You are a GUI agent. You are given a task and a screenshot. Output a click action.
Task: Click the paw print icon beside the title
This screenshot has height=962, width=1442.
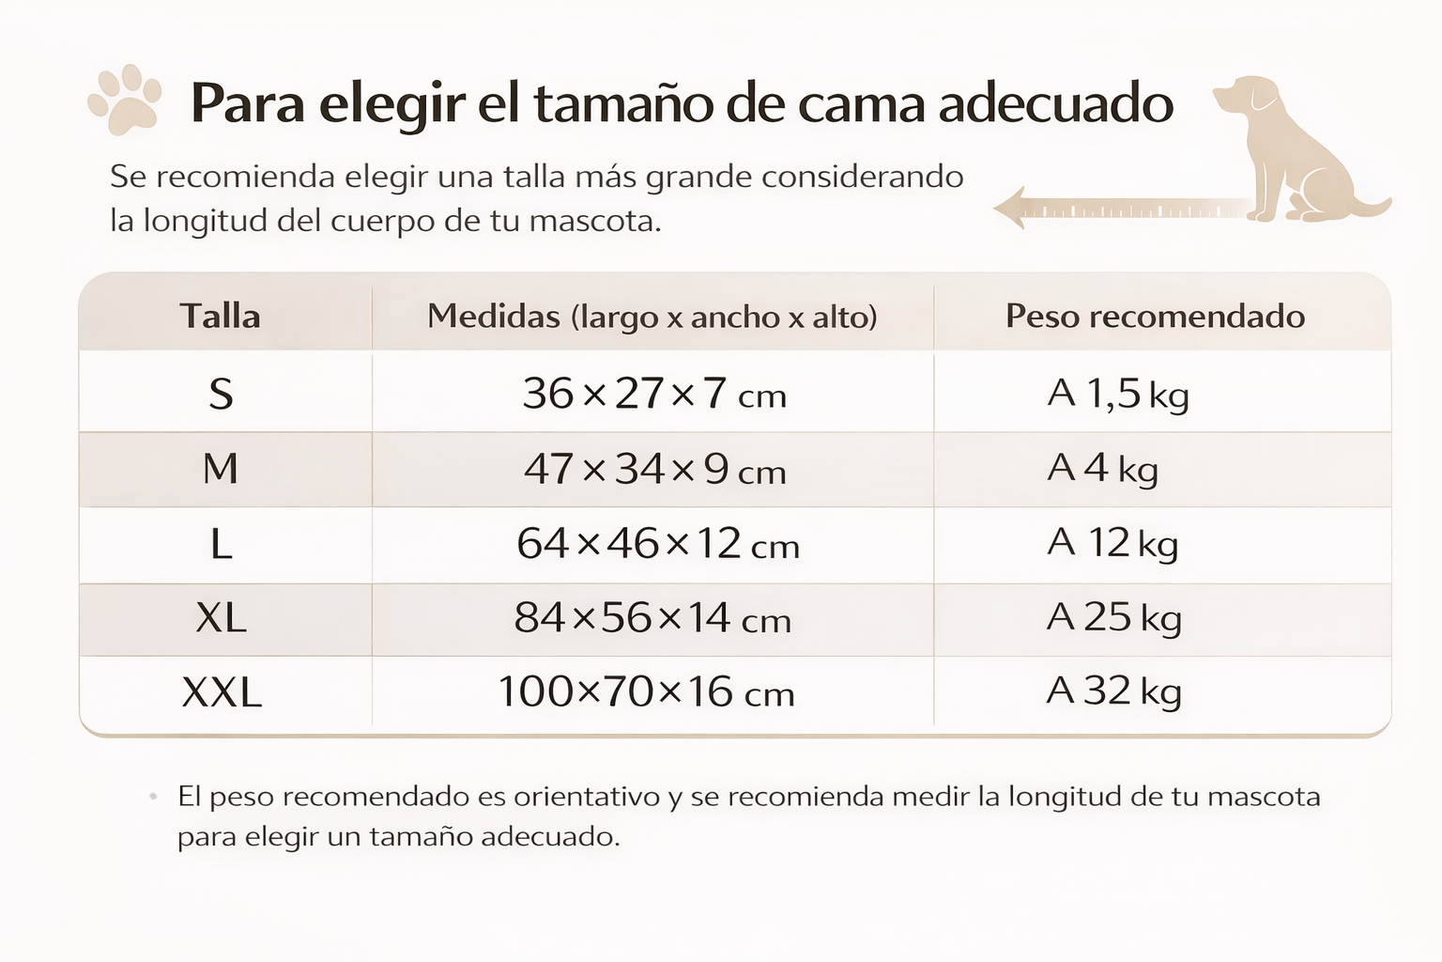point(125,100)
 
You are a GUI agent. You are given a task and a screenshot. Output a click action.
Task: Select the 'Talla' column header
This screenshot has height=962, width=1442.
point(220,316)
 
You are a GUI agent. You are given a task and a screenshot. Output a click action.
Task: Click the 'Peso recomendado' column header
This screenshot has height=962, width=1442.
point(1155,316)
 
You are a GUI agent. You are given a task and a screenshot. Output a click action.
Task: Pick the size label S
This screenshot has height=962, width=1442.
point(221,394)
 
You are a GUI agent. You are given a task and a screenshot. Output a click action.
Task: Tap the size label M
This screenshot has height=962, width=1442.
point(221,468)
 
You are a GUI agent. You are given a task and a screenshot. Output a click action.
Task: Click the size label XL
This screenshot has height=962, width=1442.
point(221,618)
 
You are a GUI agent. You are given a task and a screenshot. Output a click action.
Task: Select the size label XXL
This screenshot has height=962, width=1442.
point(222,692)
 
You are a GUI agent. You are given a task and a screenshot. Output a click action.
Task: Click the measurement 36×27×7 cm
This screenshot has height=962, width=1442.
point(653,394)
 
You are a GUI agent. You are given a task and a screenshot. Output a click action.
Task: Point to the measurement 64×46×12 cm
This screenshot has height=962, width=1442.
point(657,544)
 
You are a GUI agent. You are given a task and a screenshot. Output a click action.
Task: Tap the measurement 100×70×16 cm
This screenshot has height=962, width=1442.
point(645,692)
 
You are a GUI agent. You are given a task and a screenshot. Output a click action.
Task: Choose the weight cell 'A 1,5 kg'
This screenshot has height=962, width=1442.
point(1117,394)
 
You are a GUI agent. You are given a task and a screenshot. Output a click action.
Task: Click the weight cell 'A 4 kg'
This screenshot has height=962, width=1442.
point(1102,468)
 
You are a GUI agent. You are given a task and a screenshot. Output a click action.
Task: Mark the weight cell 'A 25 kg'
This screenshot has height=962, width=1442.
point(1113,618)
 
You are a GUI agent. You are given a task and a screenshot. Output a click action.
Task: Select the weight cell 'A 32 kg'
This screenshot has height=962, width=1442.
point(1113,691)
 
